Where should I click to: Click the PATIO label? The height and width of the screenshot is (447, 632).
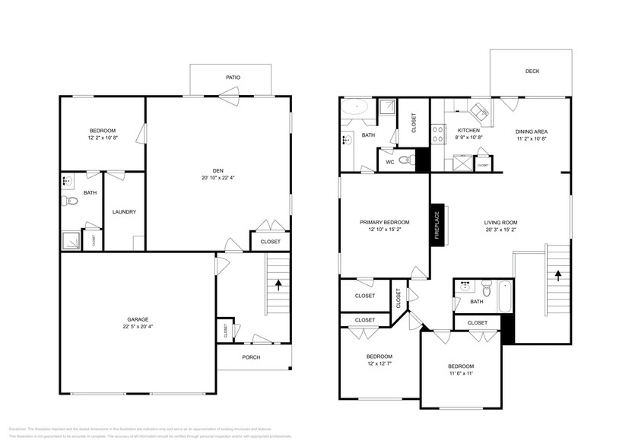click(x=233, y=77)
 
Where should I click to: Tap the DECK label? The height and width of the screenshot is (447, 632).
click(x=532, y=71)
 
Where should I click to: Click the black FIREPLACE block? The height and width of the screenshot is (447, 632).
click(x=437, y=224)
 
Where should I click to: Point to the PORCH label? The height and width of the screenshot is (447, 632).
click(x=251, y=357)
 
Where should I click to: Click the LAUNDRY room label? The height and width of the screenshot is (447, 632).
click(x=124, y=211)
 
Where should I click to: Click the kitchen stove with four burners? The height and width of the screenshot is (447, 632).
click(x=438, y=135)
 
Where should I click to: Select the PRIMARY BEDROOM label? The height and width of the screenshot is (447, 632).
click(x=384, y=222)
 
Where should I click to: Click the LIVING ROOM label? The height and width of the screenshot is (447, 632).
click(x=500, y=222)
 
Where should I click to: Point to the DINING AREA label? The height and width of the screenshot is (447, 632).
click(x=532, y=131)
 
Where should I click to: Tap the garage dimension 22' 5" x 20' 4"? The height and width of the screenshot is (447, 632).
click(x=137, y=326)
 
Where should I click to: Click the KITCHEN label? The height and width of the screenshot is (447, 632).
click(x=468, y=131)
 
